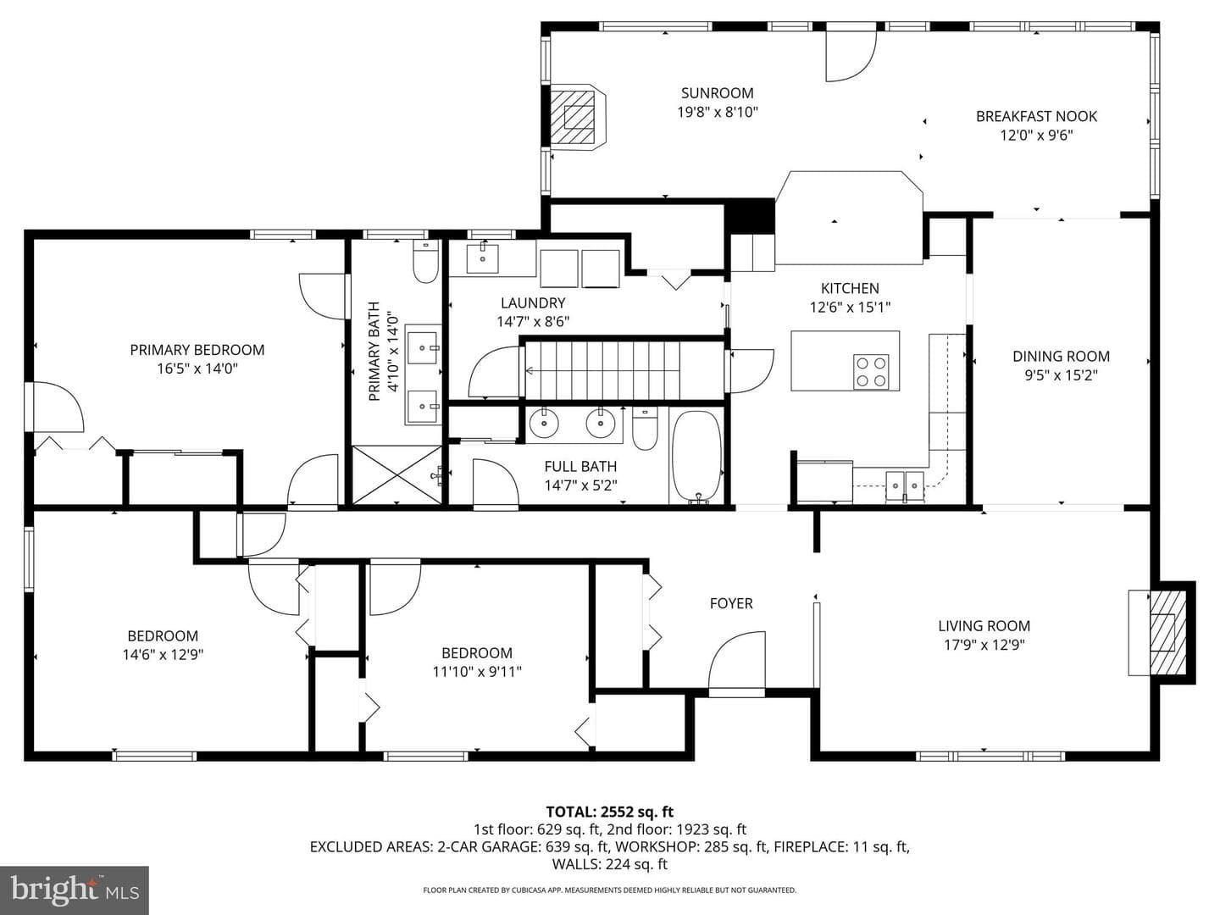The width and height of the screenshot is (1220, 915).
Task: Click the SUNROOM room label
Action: coord(717,93)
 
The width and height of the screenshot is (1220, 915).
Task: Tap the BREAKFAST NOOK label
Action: coord(1037,116)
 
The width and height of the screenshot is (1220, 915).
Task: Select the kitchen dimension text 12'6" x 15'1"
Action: coord(850,307)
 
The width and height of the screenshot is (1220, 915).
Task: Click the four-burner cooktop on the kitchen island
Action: coord(871,372)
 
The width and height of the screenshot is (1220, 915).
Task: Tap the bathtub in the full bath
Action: coord(697,457)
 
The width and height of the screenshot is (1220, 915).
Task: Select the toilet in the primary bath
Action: coord(426,261)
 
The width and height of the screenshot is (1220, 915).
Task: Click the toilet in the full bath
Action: coord(645,429)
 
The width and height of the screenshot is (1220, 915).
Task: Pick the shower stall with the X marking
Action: coord(396,474)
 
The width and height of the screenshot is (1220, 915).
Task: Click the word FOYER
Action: coord(731,603)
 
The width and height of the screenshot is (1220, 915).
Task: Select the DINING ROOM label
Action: coord(1061,356)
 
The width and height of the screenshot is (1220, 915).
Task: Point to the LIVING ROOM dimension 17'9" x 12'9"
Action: coord(984,645)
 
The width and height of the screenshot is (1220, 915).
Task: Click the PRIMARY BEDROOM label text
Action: coord(197,349)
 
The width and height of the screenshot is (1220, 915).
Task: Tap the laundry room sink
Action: coord(482,258)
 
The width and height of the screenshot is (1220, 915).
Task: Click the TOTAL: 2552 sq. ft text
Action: coord(610,812)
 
